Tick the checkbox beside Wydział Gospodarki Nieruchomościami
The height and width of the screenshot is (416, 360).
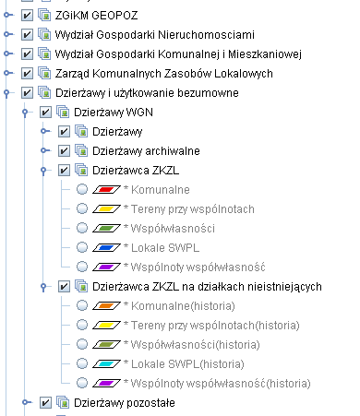[x=27, y=34]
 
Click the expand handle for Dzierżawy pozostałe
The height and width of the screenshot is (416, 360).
[x=24, y=402]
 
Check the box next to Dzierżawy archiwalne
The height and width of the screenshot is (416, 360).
[x=64, y=150]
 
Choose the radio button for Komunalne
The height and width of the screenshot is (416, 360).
[x=82, y=190]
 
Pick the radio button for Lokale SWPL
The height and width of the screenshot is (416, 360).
[x=82, y=247]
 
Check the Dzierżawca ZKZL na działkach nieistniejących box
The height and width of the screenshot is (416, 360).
[x=64, y=287]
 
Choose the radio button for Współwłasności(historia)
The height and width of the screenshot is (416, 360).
[x=82, y=344]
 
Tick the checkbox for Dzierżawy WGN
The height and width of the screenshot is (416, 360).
[x=45, y=112]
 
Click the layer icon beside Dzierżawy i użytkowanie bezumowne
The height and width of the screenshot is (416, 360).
[x=43, y=92]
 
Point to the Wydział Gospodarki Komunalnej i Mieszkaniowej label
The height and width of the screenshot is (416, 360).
[x=177, y=53]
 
